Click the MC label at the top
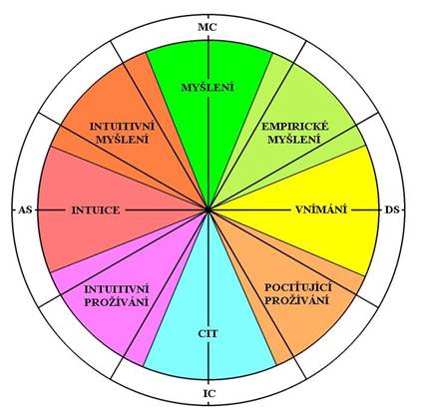pyautogui.click(x=208, y=27)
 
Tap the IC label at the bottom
pyautogui.click(x=210, y=394)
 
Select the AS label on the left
pyautogui.click(x=26, y=210)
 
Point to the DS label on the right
pyautogui.click(x=392, y=210)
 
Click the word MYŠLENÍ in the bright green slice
pyautogui.click(x=208, y=88)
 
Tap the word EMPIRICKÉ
pyautogui.click(x=295, y=127)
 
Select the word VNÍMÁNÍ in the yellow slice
pyautogui.click(x=321, y=209)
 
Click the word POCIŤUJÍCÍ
pyautogui.click(x=298, y=287)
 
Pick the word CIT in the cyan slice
pyautogui.click(x=208, y=333)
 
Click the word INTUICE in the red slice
pyautogui.click(x=96, y=210)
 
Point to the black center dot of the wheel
pyautogui.click(x=209, y=209)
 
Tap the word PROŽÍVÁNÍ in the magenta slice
pyautogui.click(x=116, y=302)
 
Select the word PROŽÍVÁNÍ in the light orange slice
pyautogui.click(x=296, y=300)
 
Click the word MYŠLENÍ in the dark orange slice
pyautogui.click(x=123, y=140)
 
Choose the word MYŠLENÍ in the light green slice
pyautogui.click(x=294, y=140)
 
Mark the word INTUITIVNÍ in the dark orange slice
pyautogui.click(x=123, y=127)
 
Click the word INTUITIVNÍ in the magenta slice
pyautogui.click(x=117, y=289)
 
